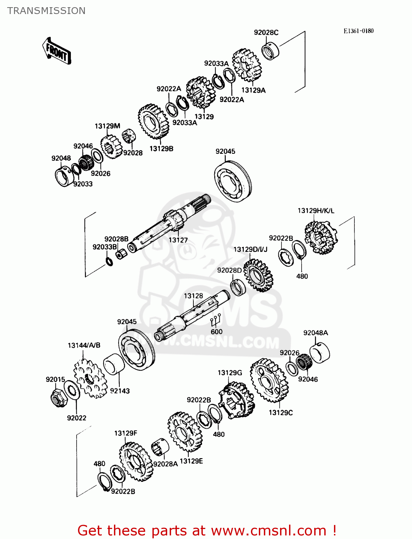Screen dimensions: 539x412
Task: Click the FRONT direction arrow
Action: click(x=57, y=51)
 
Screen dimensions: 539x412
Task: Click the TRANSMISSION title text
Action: click(x=46, y=11)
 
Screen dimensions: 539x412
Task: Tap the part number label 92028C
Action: click(x=266, y=32)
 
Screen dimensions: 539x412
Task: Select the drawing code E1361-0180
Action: click(x=358, y=31)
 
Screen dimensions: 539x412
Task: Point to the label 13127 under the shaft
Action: click(x=178, y=240)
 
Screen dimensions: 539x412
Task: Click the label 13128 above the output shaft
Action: click(x=193, y=296)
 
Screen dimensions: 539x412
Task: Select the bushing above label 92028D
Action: click(x=238, y=287)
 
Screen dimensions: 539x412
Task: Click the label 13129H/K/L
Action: click(x=316, y=211)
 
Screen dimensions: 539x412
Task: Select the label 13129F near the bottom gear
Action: click(x=125, y=433)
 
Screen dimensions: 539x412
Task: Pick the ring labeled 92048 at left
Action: click(x=64, y=176)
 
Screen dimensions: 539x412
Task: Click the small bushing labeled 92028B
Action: click(x=122, y=254)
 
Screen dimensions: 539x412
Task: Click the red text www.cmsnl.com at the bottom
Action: click(x=268, y=530)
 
